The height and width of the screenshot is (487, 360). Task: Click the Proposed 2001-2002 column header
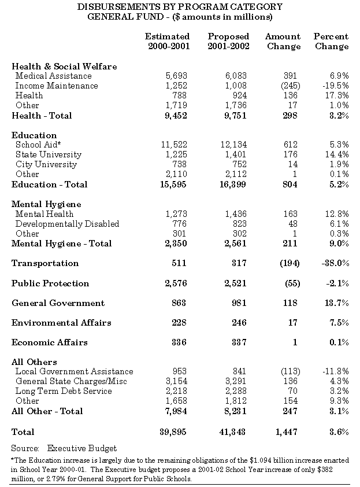[228, 41]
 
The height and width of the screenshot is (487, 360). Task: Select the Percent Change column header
[331, 41]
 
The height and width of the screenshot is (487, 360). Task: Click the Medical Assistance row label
[53, 76]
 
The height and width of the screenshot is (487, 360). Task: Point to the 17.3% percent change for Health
[337, 95]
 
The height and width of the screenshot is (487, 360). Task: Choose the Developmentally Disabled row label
[67, 224]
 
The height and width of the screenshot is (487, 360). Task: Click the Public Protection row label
[50, 283]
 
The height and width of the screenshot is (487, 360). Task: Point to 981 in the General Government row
[239, 303]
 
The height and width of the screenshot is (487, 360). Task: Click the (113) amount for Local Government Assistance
[288, 371]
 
